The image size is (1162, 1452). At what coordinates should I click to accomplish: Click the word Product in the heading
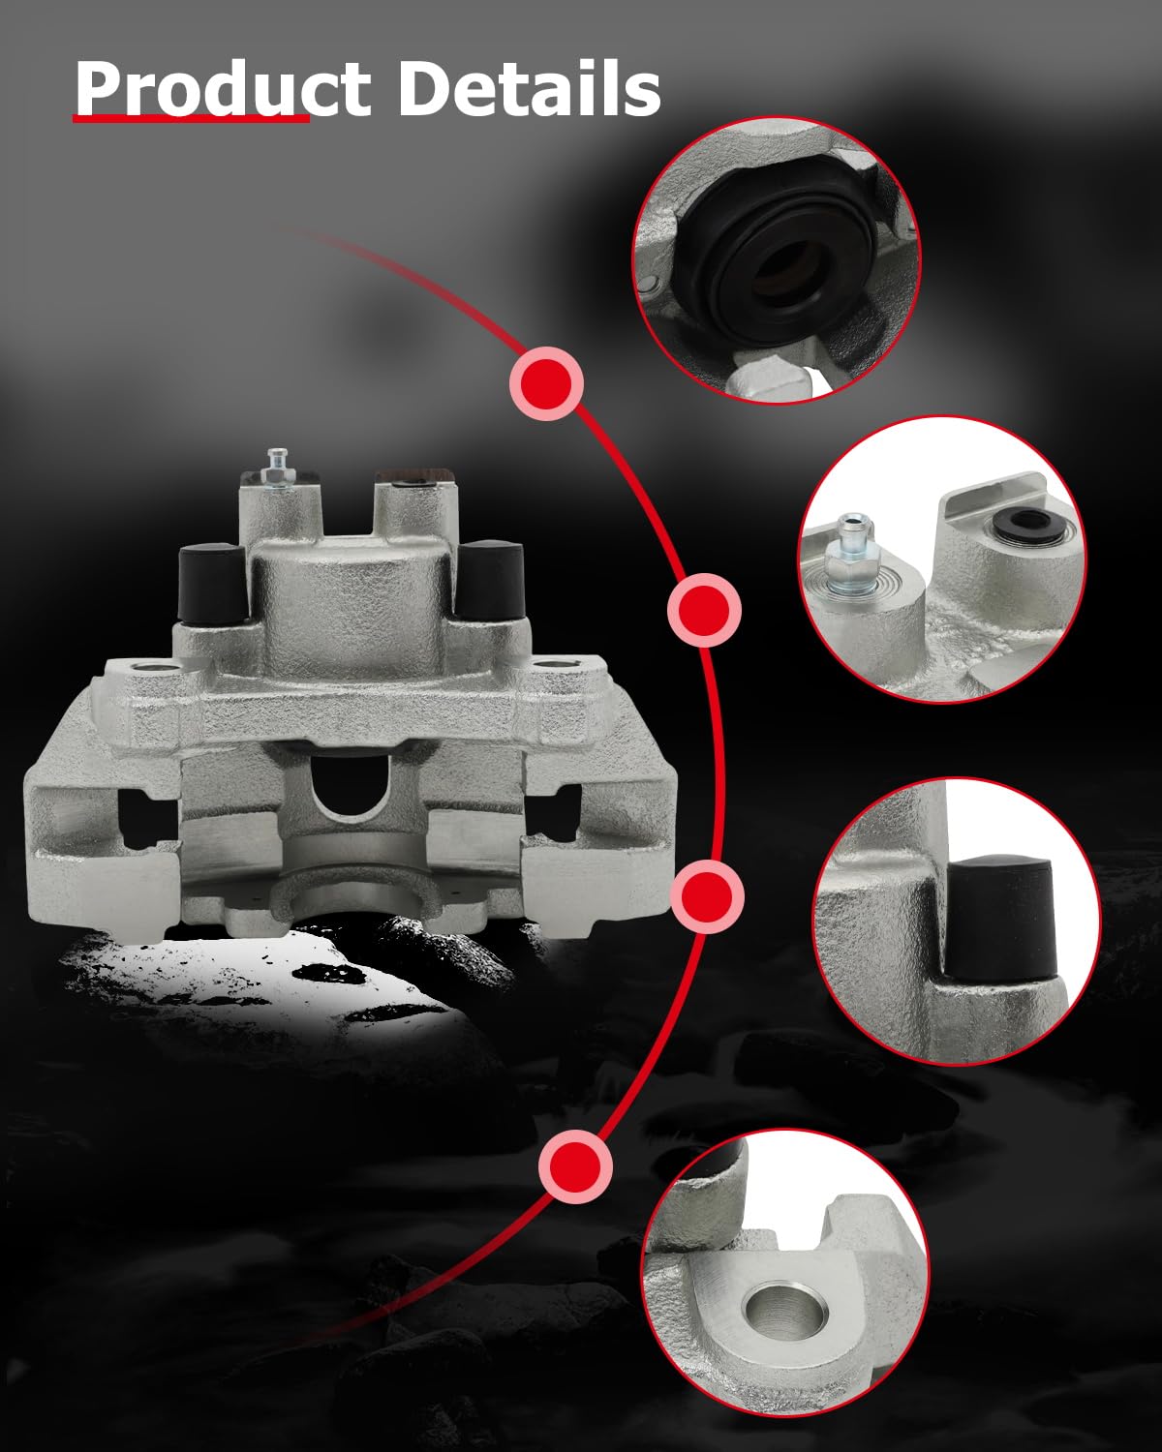pyautogui.click(x=223, y=90)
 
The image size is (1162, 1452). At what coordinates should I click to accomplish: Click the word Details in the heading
pyautogui.click(x=530, y=88)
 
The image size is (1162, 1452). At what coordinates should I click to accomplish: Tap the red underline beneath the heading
pyautogui.click(x=191, y=118)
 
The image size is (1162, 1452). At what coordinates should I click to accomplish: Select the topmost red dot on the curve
pyautogui.click(x=547, y=383)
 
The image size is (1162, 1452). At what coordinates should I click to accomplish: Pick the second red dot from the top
pyautogui.click(x=704, y=610)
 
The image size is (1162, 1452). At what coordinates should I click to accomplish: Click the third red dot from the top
pyautogui.click(x=708, y=896)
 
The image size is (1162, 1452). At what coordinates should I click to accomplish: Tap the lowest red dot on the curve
pyautogui.click(x=576, y=1165)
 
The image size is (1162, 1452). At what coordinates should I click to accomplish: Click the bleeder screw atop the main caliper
pyautogui.click(x=275, y=468)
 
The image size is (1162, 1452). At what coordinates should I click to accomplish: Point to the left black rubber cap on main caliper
pyautogui.click(x=212, y=583)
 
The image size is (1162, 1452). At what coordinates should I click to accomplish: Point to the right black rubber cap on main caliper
pyautogui.click(x=490, y=581)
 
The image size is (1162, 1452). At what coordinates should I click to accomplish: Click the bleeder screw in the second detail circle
pyautogui.click(x=853, y=556)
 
